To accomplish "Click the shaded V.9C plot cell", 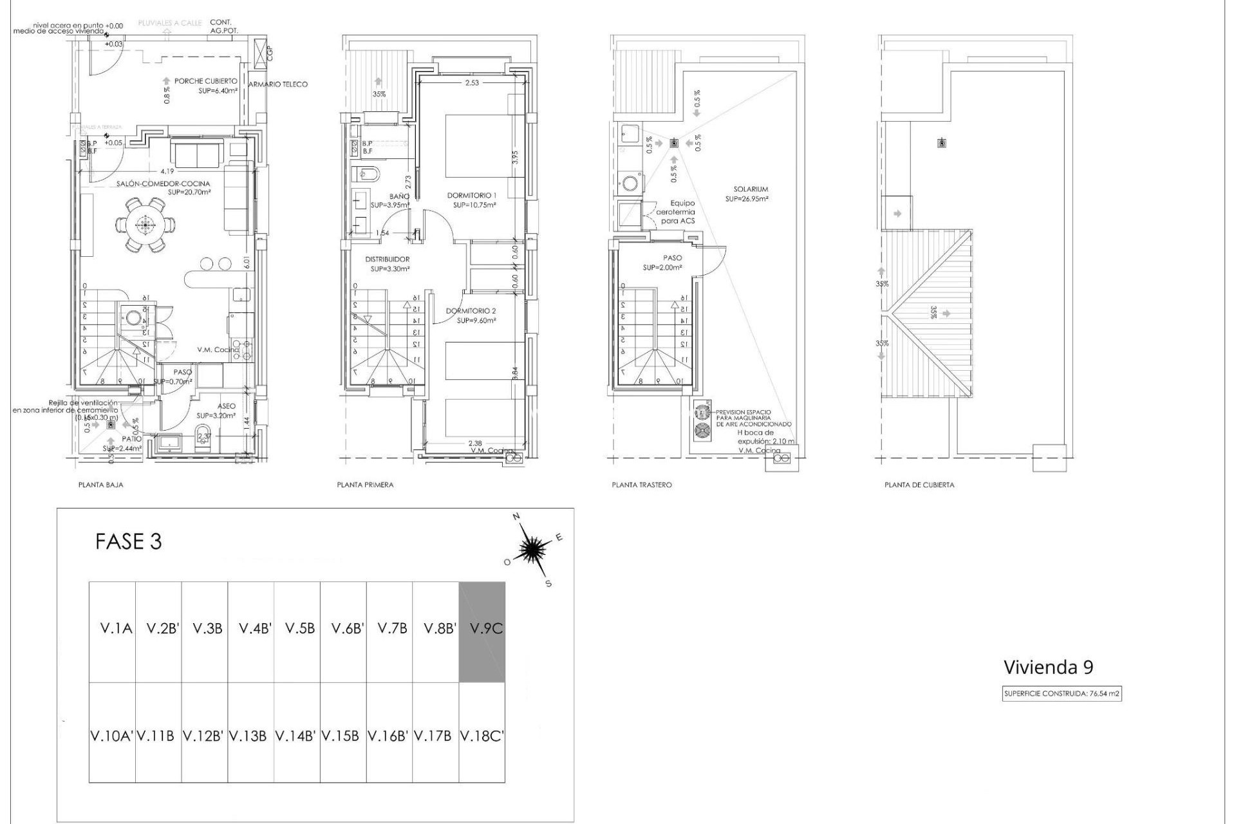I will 482,631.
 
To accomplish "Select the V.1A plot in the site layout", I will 112,631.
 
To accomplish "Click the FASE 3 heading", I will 128,541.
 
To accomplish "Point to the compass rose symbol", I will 532,548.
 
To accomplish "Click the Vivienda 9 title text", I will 1048,667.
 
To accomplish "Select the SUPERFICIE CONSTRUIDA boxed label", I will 1062,694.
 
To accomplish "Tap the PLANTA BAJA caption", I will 100,485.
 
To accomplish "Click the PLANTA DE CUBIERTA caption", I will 919,485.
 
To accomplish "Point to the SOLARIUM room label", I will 751,189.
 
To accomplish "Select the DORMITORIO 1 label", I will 473,195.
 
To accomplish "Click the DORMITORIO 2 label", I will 471,311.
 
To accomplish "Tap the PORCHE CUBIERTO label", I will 205,82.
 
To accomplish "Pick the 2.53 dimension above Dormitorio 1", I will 472,82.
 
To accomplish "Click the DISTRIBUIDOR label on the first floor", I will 387,259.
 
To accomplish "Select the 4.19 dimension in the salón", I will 167,171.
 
